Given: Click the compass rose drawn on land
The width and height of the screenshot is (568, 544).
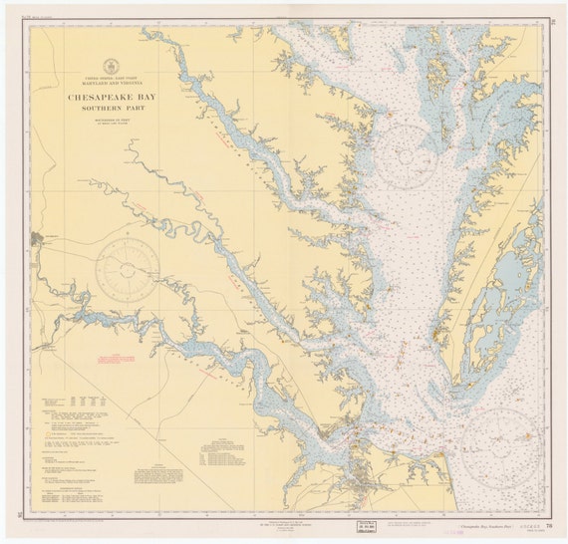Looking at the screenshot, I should (x=128, y=261).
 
